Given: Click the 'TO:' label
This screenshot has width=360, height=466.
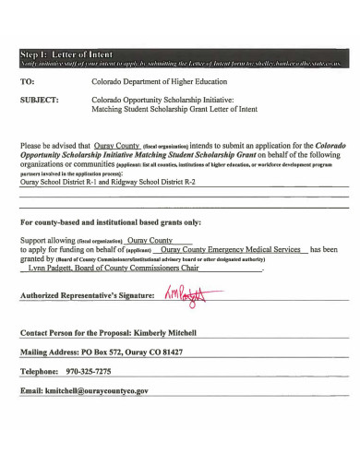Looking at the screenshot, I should pyautogui.click(x=28, y=81).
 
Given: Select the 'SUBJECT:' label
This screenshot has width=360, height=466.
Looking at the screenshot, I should pyautogui.click(x=40, y=98).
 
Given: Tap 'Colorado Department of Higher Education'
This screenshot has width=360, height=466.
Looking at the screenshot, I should pyautogui.click(x=151, y=81).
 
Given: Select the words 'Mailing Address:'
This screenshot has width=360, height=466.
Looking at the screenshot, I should pyautogui.click(x=49, y=352).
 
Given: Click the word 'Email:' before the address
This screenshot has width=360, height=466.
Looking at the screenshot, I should pyautogui.click(x=30, y=391).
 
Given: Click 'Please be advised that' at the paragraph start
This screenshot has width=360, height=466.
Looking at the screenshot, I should pyautogui.click(x=54, y=146).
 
